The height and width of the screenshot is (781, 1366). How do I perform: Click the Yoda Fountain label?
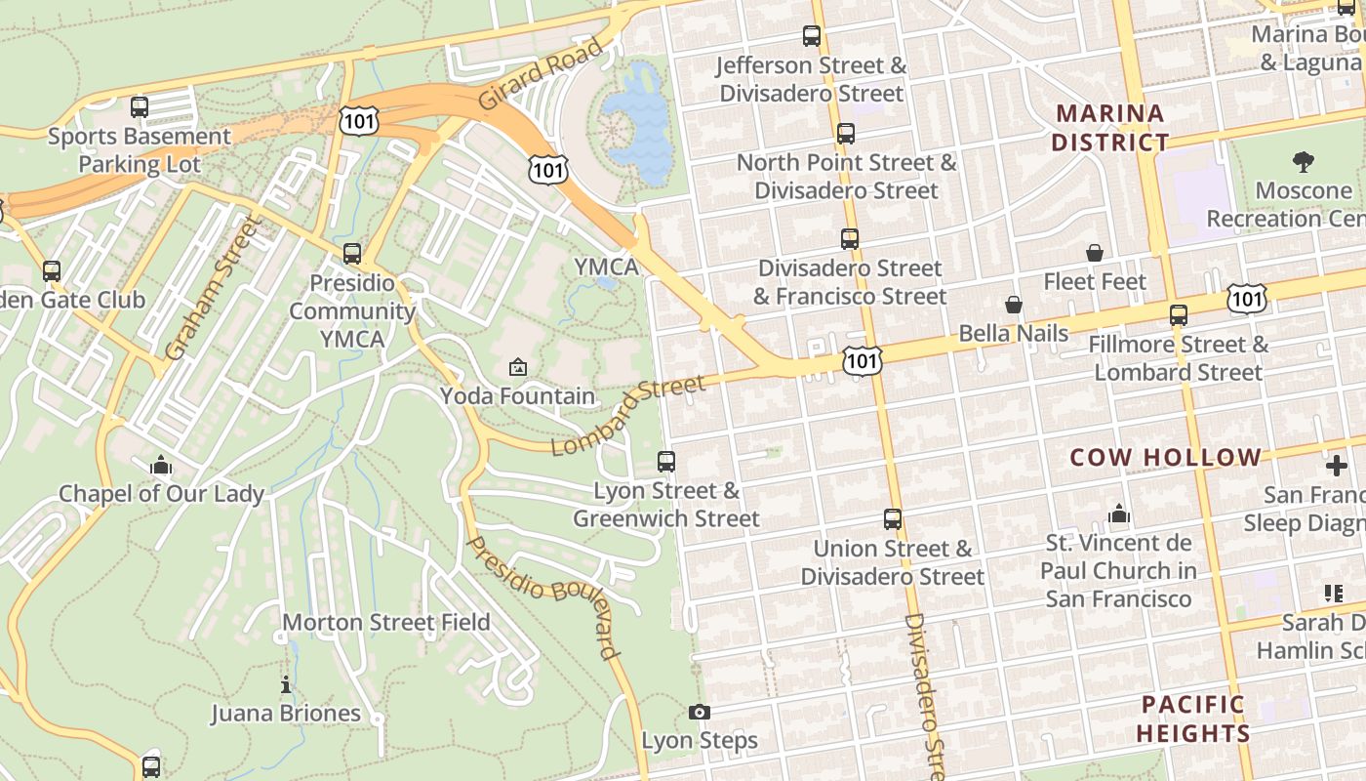coord(517,395)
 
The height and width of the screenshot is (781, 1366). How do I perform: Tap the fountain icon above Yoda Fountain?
coord(518,367)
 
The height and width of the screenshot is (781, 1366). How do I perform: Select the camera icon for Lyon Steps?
coord(699,713)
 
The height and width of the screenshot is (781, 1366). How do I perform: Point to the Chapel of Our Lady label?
coord(161,493)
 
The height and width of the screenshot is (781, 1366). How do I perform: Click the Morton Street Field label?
coord(386,622)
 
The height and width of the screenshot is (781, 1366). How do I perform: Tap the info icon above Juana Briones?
coord(286,685)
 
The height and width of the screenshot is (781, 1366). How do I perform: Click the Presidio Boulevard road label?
coord(543,596)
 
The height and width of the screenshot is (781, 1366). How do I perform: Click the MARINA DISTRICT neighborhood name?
coord(1110,128)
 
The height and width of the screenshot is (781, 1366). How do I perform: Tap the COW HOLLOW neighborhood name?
coord(1166,457)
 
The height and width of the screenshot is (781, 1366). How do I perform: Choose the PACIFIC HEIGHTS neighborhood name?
coord(1193,719)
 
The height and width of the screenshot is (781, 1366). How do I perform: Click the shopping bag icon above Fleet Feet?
coord(1095,254)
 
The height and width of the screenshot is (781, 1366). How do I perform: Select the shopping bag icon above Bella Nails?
coord(1014,306)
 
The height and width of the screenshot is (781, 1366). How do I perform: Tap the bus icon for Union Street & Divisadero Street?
coord(893,519)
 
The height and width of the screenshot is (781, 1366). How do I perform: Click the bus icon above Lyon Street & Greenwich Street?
coord(666,462)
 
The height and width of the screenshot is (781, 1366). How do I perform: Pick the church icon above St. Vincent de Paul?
coord(1118,514)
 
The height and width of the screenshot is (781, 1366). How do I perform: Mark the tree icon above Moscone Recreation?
coord(1303,162)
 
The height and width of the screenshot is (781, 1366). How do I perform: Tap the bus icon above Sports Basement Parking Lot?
coord(140,107)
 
